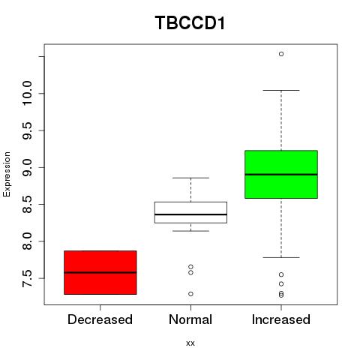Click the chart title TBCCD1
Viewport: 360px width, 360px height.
pos(190,22)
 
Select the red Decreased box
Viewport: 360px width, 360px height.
pos(100,272)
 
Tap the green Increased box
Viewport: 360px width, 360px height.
pos(281,174)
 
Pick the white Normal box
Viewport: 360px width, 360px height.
pos(190,212)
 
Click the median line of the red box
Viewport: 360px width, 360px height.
pos(100,272)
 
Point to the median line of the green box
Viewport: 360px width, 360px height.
pos(281,175)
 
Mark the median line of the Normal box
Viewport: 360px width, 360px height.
pos(190,214)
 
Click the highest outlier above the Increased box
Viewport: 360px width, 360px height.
pos(281,54)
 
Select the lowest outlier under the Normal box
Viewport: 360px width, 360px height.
pos(190,294)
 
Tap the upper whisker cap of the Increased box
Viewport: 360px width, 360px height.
pos(281,90)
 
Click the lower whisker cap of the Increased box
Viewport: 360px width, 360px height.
pos(281,257)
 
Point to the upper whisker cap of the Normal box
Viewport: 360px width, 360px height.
pos(190,178)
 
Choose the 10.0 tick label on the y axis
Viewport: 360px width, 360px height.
pos(27,94)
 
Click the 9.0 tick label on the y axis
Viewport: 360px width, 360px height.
pos(27,167)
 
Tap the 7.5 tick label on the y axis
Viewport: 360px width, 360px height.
pos(27,278)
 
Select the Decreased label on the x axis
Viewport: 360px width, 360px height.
pos(100,319)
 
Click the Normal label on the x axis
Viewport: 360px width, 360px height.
pos(190,319)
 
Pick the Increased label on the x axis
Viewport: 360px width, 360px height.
pos(281,319)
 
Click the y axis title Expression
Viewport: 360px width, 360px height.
pos(7,174)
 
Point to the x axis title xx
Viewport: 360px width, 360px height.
pos(190,343)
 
